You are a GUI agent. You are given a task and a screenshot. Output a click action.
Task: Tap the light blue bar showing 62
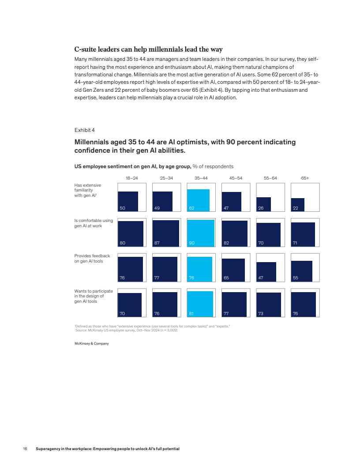[198, 200]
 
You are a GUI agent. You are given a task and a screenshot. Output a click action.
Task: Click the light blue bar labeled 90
[201, 233]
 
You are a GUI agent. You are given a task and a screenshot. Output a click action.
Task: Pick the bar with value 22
[297, 205]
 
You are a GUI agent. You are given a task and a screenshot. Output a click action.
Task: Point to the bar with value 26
[264, 204]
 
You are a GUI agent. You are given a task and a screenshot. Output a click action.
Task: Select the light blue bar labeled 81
[200, 304]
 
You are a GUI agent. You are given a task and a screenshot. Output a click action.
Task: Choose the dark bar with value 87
[165, 233]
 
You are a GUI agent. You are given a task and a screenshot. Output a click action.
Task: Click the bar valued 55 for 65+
[302, 271]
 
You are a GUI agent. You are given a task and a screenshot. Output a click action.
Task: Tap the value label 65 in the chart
[226, 278]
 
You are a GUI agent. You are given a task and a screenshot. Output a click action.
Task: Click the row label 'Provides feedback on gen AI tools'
[92, 259]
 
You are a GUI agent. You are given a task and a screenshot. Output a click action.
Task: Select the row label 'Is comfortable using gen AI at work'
[94, 223]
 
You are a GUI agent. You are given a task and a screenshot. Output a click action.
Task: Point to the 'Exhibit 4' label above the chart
[84, 130]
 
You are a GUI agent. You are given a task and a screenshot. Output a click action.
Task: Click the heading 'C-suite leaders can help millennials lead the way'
[148, 49]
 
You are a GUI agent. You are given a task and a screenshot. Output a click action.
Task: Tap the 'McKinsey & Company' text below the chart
[91, 343]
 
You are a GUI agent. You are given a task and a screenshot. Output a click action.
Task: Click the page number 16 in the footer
[25, 449]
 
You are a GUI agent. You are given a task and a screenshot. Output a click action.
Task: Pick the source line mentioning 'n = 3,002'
[127, 330]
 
